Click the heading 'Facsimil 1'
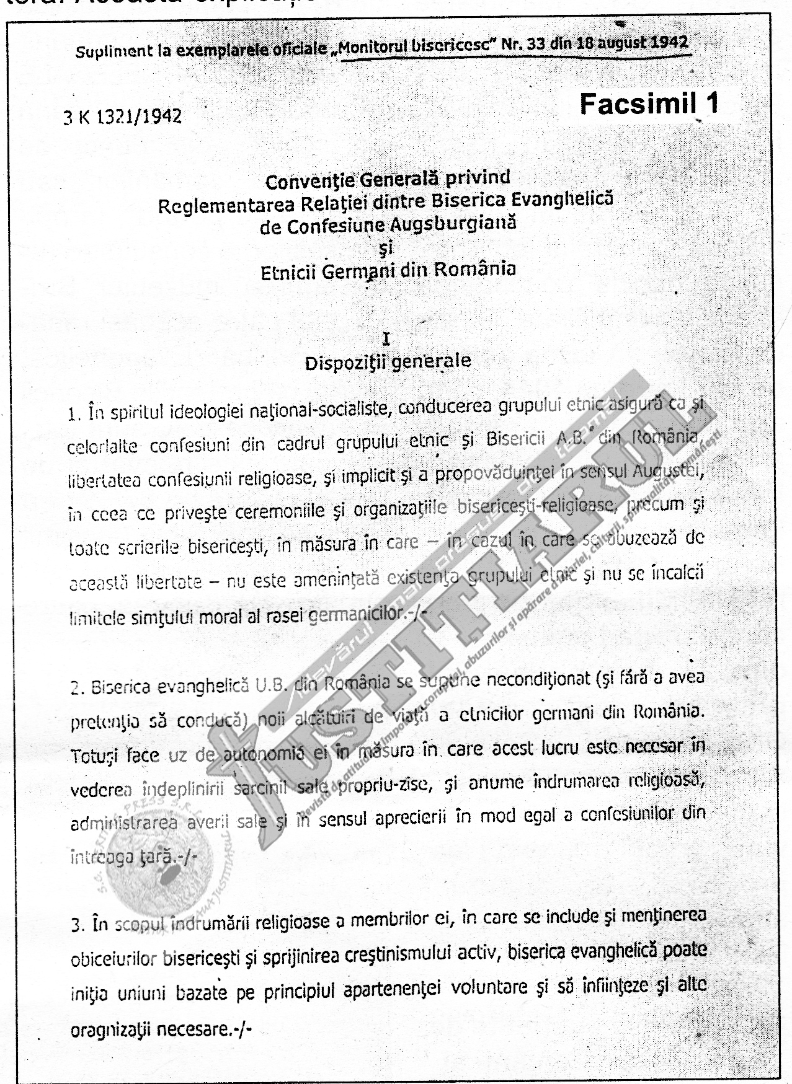click(x=649, y=104)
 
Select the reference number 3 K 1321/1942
click(x=123, y=117)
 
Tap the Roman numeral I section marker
click(x=388, y=338)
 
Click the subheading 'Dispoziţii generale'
click(x=388, y=361)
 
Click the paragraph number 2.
click(x=76, y=688)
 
